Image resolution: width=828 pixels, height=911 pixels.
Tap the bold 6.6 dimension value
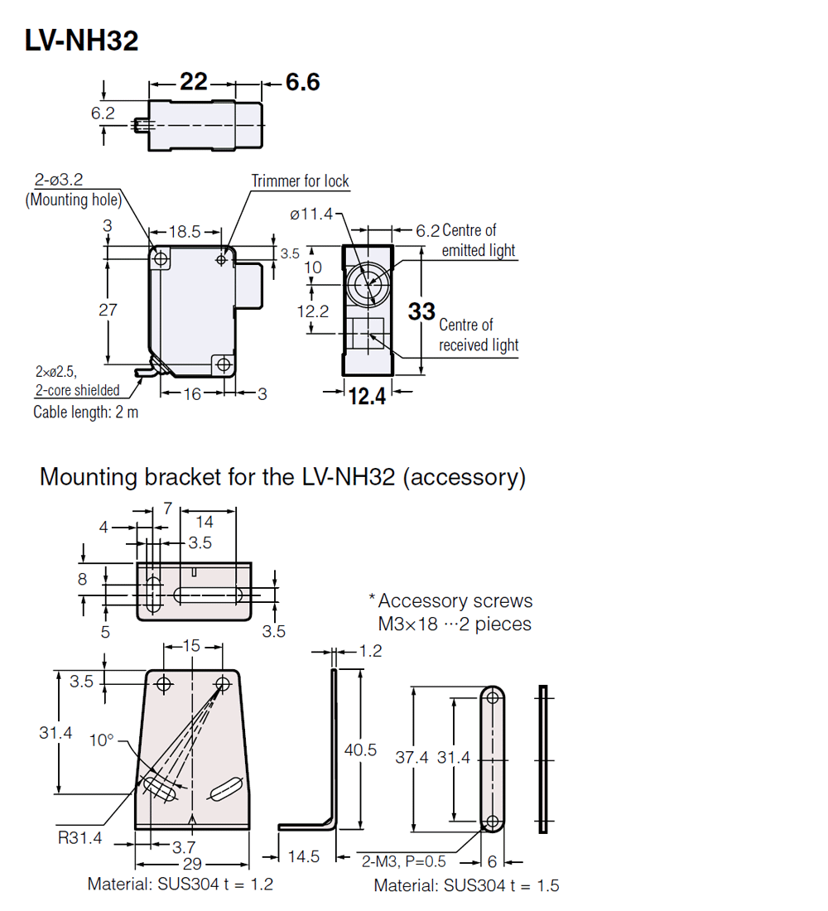tap(302, 82)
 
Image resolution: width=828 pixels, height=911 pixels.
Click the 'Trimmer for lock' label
tap(300, 181)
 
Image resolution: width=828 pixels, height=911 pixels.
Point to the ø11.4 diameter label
tap(310, 214)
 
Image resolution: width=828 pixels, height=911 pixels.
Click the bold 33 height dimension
tap(421, 311)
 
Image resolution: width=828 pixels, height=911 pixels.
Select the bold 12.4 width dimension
tap(367, 397)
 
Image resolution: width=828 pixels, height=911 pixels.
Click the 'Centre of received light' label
tap(479, 335)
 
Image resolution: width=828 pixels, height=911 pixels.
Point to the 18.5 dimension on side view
tap(185, 234)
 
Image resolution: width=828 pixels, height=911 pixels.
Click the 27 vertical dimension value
tap(108, 310)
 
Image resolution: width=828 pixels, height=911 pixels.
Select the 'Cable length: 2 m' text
tap(85, 412)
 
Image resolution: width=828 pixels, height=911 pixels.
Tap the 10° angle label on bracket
tap(102, 740)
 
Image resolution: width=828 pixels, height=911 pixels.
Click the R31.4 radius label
tap(79, 838)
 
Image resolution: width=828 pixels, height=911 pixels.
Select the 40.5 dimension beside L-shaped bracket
tap(360, 750)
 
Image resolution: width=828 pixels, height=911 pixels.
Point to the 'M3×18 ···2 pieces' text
tap(455, 624)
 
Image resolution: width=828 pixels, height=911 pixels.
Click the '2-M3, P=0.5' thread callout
tap(403, 861)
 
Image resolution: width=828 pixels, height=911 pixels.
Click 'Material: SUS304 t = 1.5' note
tap(466, 885)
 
